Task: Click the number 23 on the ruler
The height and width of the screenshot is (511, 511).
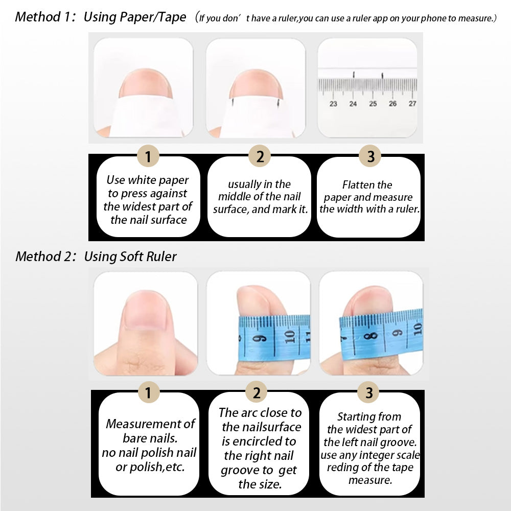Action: coord(333,104)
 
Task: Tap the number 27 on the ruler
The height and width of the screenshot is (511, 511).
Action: coord(412,103)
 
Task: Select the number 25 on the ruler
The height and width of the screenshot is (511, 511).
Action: coord(373,104)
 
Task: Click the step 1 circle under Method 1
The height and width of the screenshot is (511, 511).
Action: coord(148,156)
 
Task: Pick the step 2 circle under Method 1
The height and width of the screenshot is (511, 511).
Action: coord(260,156)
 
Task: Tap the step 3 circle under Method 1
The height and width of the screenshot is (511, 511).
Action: coord(370,156)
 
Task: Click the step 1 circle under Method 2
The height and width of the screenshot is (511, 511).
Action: coord(149,392)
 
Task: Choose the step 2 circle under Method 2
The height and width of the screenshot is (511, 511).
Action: coord(257,392)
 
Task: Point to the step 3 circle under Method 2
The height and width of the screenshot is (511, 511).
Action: coord(368,392)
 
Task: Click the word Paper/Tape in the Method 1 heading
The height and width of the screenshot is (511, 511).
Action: coord(153,17)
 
